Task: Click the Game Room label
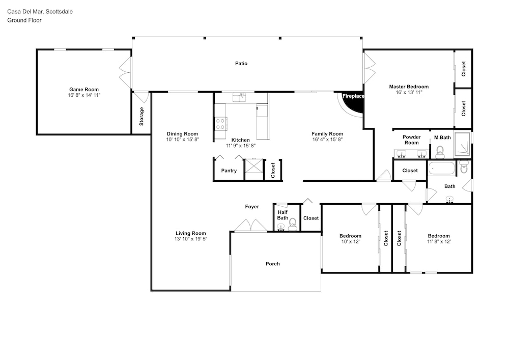84,90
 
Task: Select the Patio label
241,64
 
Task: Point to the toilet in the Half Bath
293,225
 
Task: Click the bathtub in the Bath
442,169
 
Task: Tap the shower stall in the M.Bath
462,144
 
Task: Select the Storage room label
142,117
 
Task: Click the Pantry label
229,171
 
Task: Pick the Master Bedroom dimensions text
409,93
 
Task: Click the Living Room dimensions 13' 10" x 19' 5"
191,239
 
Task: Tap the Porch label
273,264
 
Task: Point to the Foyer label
252,207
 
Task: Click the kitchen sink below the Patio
240,97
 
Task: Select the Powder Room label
412,140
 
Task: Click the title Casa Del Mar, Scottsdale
40,12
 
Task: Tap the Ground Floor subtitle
24,20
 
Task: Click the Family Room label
327,134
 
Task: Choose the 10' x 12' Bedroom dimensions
350,242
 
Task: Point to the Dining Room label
182,134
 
